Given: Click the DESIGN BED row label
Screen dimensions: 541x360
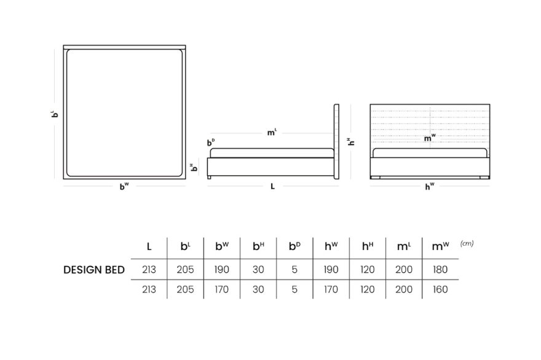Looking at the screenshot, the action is pyautogui.click(x=94, y=270).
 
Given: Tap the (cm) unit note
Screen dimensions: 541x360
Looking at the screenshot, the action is pyautogui.click(x=467, y=243).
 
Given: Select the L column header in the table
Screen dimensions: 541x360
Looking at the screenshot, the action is pyautogui.click(x=149, y=246).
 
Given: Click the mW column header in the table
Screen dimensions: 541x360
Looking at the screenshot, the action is pyautogui.click(x=440, y=246).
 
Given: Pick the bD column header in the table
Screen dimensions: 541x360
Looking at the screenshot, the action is pyautogui.click(x=294, y=246).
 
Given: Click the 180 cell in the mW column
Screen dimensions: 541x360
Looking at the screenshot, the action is pyautogui.click(x=440, y=270).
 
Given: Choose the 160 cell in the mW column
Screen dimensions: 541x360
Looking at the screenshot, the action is pyautogui.click(x=440, y=289).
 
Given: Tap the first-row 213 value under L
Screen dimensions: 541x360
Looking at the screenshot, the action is pyautogui.click(x=149, y=270).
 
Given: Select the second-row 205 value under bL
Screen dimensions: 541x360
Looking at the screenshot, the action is pyautogui.click(x=185, y=289).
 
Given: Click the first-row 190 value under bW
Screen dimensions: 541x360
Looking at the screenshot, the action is pyautogui.click(x=221, y=270).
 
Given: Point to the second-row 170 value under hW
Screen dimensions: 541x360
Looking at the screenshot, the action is pyautogui.click(x=331, y=289).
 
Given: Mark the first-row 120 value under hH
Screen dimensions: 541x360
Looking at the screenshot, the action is pyautogui.click(x=368, y=270).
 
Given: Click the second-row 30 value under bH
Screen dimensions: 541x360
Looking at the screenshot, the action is pyautogui.click(x=258, y=289).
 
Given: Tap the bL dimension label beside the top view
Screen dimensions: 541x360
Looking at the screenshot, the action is pyautogui.click(x=55, y=114).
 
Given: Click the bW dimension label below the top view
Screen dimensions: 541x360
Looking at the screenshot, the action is pyautogui.click(x=124, y=187).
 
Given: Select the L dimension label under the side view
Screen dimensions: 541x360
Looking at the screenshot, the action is pyautogui.click(x=272, y=187).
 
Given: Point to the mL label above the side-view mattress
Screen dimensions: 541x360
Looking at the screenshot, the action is pyautogui.click(x=272, y=133).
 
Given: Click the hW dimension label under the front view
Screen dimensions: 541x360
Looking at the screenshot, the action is pyautogui.click(x=430, y=187).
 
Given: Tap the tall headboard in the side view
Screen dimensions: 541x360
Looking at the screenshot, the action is pyautogui.click(x=336, y=142).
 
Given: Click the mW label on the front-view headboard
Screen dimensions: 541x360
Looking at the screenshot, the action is pyautogui.click(x=430, y=138).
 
